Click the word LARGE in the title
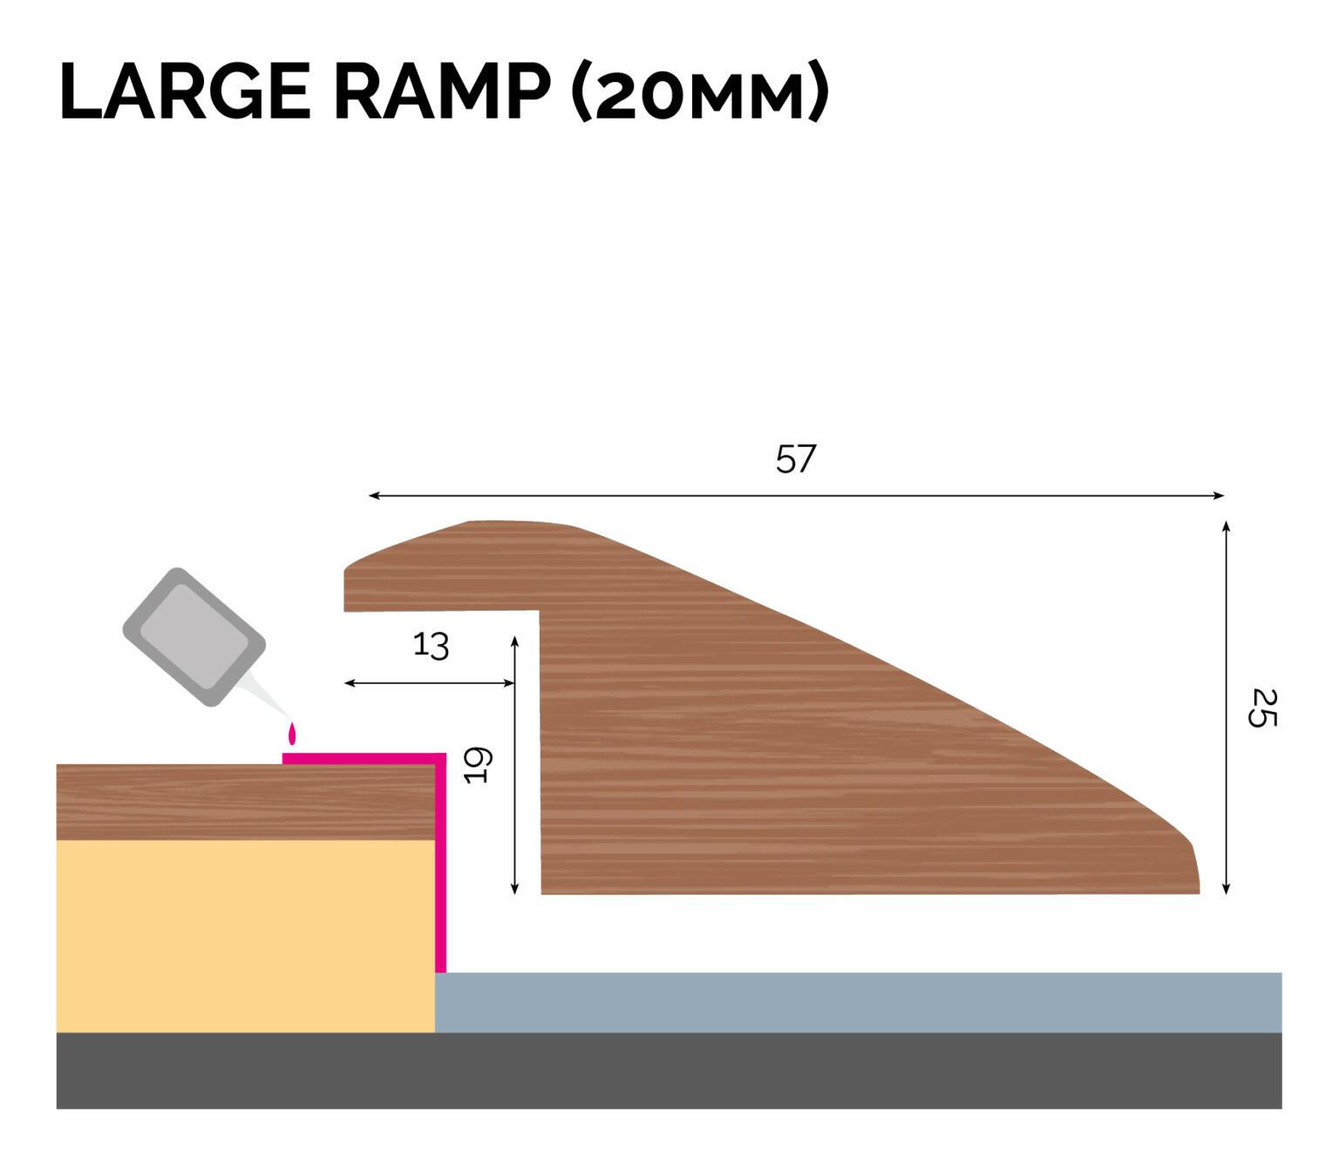click(x=185, y=92)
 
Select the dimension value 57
click(x=795, y=459)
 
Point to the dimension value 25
click(x=1262, y=708)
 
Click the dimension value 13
click(x=431, y=646)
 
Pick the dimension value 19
click(x=478, y=765)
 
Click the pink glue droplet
click(x=292, y=734)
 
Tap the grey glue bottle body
click(x=194, y=636)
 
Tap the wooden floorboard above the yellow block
click(x=244, y=802)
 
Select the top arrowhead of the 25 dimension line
click(x=1226, y=526)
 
